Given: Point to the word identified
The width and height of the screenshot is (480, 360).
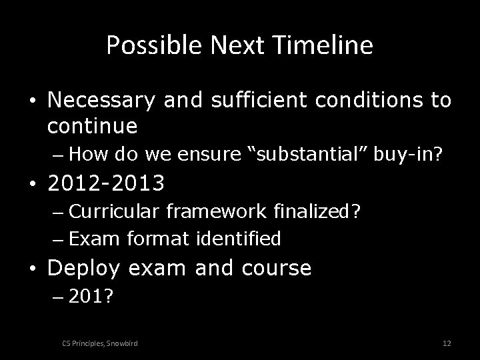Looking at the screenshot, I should [237, 237].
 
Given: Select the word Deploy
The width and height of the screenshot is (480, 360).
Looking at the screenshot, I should [89, 268].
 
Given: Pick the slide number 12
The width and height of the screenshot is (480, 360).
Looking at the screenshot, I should [447, 343].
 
